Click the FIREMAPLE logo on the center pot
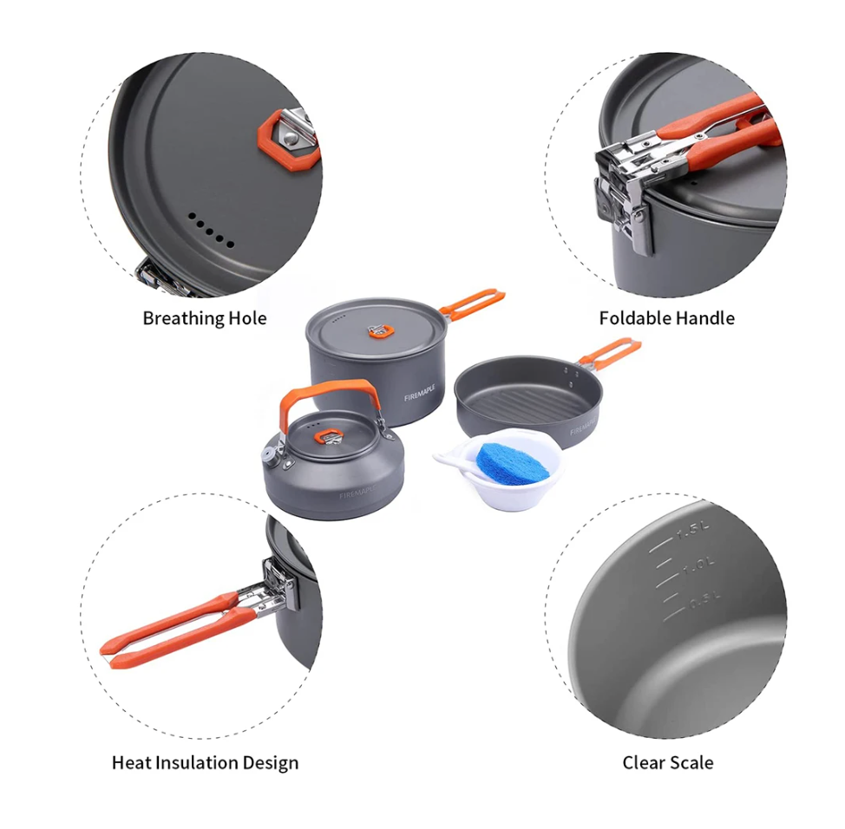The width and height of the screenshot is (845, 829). [420, 393]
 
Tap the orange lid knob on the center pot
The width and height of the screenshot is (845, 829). [381, 332]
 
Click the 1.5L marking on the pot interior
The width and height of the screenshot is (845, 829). [693, 531]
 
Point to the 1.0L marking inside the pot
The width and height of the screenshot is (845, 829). [699, 565]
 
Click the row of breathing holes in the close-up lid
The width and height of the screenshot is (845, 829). [211, 230]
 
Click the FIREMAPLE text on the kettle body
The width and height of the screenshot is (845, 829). [357, 493]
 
